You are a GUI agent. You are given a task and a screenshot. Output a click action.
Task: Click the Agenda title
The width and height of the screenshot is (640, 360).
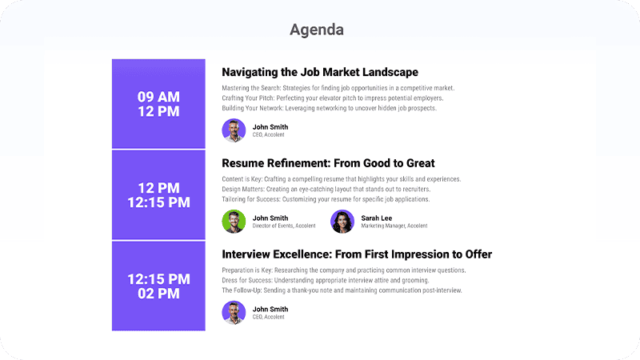coord(317,30)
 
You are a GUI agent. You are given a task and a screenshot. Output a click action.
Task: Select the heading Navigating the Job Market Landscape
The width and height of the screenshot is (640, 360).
coord(320,72)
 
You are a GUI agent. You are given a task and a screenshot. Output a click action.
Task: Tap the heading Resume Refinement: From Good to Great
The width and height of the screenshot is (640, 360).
coord(328,163)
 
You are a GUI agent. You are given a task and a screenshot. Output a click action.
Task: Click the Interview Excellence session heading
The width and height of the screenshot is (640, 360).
coord(357,254)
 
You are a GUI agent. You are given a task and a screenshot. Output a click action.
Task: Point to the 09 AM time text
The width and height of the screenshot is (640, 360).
coord(158,97)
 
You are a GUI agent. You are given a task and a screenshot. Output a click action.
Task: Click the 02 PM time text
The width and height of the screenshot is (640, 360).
coord(158,294)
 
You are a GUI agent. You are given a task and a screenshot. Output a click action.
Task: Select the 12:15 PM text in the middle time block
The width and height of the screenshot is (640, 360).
coord(158,202)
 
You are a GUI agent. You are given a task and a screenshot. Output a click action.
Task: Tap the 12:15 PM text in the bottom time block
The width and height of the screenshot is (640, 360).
coord(158,279)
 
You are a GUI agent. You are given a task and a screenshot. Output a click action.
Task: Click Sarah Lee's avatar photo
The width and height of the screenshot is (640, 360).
coord(342,222)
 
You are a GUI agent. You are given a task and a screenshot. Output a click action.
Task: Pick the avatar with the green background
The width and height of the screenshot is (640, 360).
coord(234,222)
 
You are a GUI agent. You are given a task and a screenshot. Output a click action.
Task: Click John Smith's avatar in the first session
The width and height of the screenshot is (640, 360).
coord(234,130)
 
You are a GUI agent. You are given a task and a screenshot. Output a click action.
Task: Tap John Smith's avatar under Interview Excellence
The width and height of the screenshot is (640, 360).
coord(234,313)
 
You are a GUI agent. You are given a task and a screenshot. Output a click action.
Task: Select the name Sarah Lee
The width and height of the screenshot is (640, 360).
coord(376,218)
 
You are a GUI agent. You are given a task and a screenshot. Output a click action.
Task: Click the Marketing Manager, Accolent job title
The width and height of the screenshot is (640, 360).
coord(394,226)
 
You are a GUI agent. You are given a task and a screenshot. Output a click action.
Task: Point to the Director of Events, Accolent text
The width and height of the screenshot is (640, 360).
coord(284,226)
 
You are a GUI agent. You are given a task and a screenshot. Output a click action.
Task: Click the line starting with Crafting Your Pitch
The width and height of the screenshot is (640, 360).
coord(333,98)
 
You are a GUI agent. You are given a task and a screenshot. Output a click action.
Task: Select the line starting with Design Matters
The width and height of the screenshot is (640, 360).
coord(326,189)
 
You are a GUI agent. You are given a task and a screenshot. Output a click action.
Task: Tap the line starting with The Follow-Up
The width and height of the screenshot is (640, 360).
coord(342,290)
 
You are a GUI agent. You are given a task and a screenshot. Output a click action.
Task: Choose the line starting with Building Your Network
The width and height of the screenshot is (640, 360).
coord(330,108)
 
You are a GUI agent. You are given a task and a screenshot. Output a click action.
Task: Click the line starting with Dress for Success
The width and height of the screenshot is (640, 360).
coord(326,281)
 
